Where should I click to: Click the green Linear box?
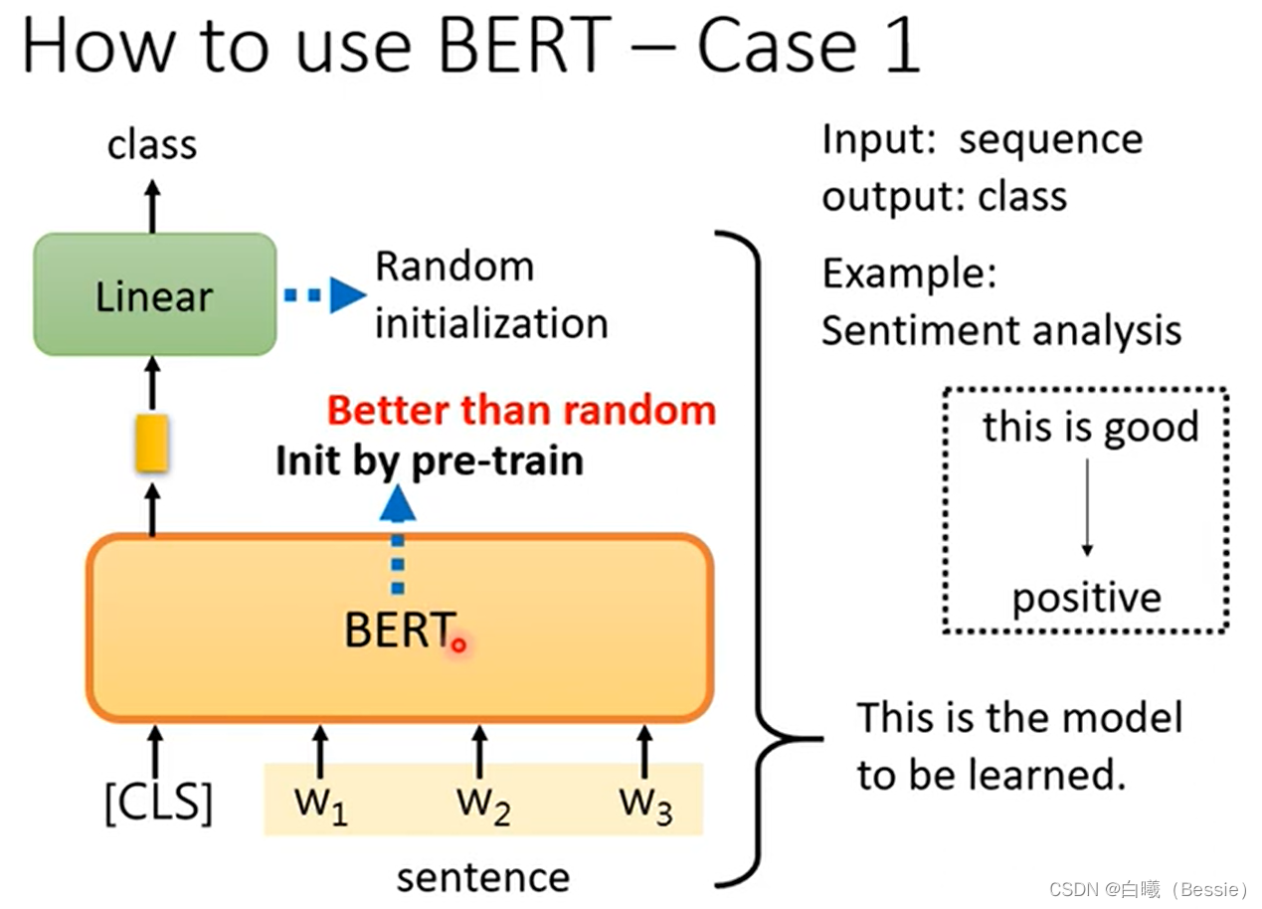pos(154,294)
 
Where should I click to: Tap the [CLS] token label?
pos(158,803)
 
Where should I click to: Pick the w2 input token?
pos(483,803)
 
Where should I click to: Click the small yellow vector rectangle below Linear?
pos(152,444)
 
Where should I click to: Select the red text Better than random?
pos(521,410)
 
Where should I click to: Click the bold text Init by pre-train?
pos(430,461)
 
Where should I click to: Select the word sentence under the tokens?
pos(483,877)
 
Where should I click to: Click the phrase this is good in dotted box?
pos(1090,428)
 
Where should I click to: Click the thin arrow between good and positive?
pos(1087,507)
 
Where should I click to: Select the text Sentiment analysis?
pos(1000,330)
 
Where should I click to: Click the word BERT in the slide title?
pos(523,45)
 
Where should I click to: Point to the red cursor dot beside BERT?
pos(458,645)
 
